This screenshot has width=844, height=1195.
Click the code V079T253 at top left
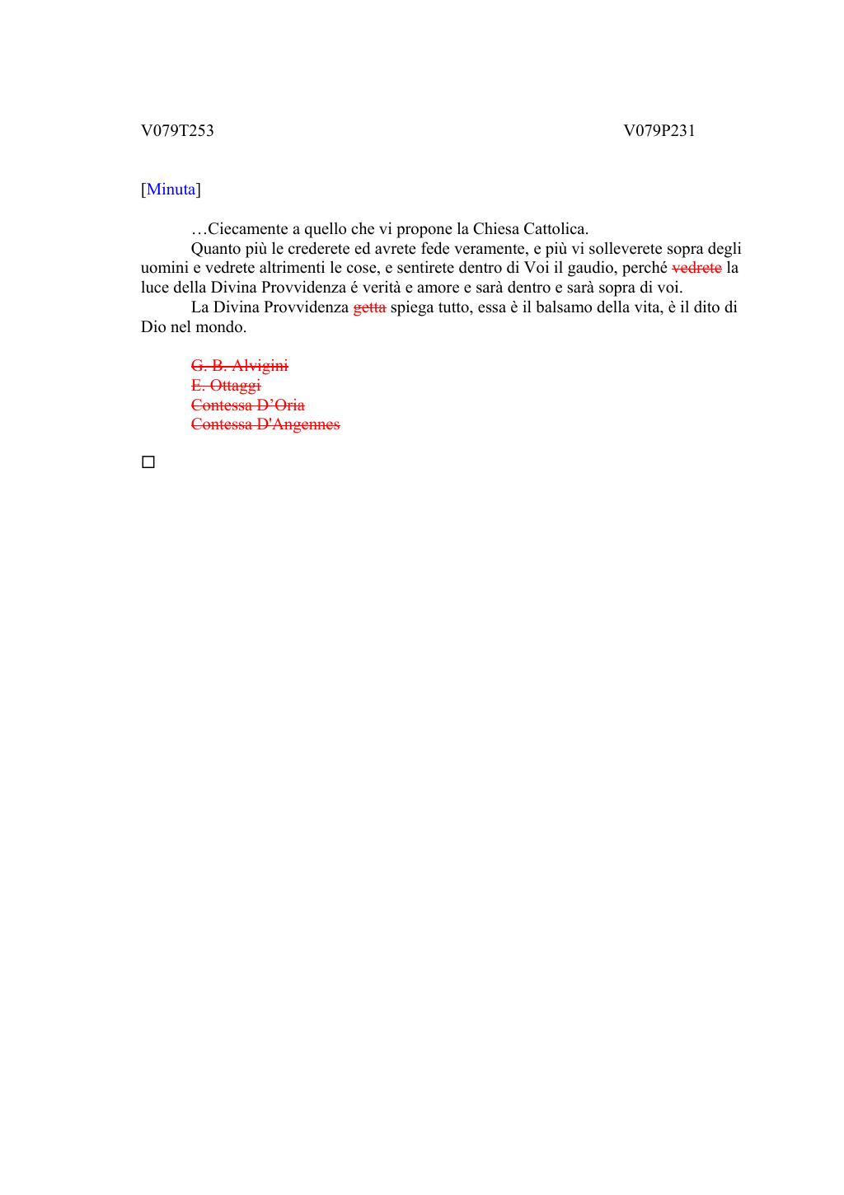[177, 130]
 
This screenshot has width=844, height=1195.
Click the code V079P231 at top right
[659, 130]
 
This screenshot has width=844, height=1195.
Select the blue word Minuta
[171, 190]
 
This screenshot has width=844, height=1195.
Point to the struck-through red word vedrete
[697, 268]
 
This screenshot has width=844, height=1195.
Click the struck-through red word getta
[369, 307]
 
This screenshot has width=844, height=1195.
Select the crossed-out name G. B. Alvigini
[239, 365]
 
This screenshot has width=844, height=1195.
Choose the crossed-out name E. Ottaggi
[226, 385]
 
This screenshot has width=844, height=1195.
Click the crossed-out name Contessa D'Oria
[247, 405]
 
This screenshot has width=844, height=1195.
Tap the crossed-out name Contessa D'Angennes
[265, 424]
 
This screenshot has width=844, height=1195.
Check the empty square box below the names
[148, 462]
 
